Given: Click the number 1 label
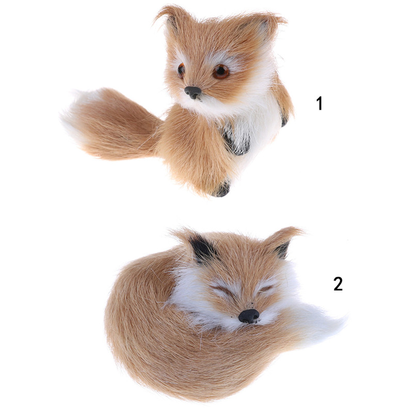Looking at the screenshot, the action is [320, 103].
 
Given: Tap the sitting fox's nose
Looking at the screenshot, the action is [193, 92].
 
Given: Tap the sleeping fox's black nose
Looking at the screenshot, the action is [249, 315].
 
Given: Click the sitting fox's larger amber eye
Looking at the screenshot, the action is [221, 71].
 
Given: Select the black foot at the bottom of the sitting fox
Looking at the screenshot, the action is [222, 188].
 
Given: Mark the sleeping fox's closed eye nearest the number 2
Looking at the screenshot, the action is [266, 289].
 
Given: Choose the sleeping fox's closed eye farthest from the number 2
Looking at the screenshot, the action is [225, 290].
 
